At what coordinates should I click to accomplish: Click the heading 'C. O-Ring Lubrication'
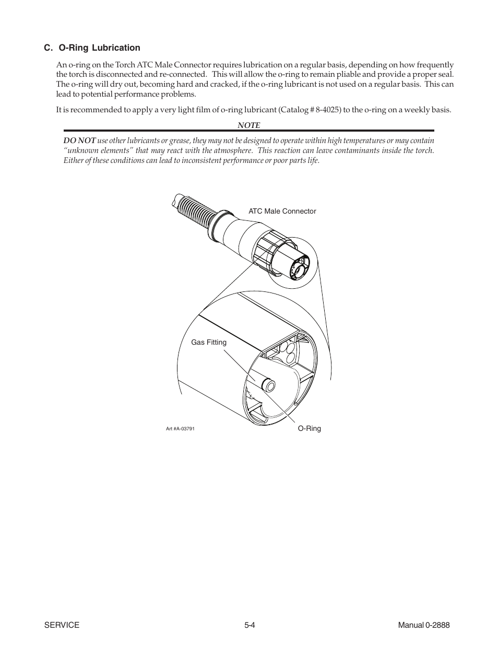coord(92,48)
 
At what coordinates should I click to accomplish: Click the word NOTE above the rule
coord(248,125)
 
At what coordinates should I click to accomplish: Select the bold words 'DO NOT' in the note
coord(79,140)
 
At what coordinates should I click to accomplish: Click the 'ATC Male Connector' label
coord(282,211)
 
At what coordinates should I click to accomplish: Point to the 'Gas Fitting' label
coord(209,342)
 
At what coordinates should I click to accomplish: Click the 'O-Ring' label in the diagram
coord(309,428)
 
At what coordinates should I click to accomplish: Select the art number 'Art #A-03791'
coord(180,429)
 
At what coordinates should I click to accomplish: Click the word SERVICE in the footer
coord(62,625)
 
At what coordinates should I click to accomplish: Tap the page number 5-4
coord(249,625)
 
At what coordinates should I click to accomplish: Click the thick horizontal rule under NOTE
coord(248,131)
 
